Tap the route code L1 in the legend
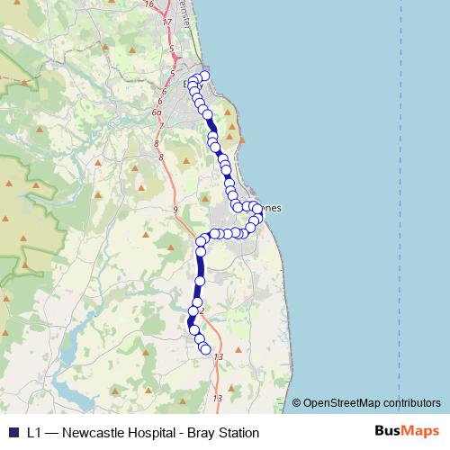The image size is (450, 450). pos(34,433)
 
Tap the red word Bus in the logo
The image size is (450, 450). pos(388,432)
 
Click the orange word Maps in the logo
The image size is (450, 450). pos(420,432)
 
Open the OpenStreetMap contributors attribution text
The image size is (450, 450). pos(371,402)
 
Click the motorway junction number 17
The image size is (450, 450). pos(166,21)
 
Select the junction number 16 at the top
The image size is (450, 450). pos(148,4)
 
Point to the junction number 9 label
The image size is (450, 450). pos(175,209)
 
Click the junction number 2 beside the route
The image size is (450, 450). pos(202,311)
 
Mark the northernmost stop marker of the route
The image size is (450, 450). pos(204,76)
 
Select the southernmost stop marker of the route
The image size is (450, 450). pos(205,349)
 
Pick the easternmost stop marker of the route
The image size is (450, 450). pos(259,210)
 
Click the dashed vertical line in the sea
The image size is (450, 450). pos(399,180)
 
